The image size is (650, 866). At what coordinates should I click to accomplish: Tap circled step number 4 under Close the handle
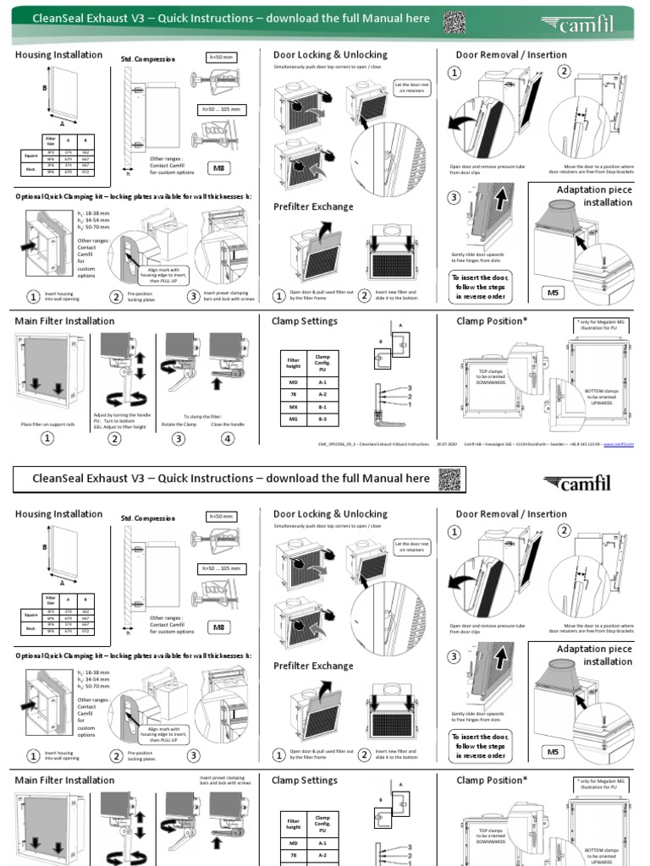(227, 438)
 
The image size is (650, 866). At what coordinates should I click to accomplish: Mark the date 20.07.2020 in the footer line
(448, 444)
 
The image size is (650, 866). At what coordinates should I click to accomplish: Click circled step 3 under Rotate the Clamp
(179, 438)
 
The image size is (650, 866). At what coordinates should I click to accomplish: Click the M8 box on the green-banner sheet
(219, 168)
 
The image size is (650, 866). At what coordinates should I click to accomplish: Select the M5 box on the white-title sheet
(553, 752)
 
